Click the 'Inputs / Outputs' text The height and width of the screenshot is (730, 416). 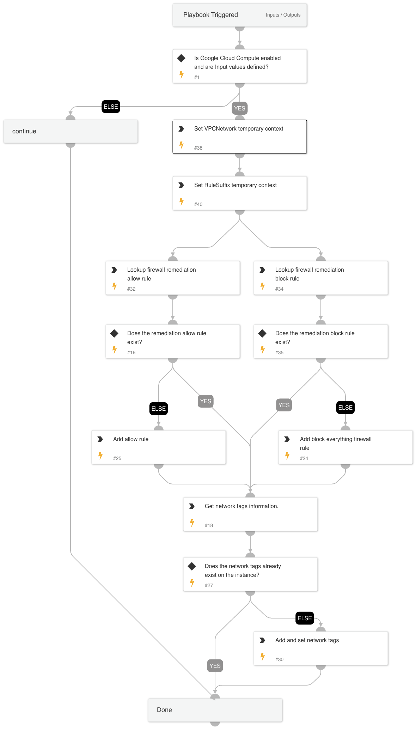tap(283, 15)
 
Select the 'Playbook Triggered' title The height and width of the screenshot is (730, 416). tap(210, 15)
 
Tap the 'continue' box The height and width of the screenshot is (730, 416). tap(71, 131)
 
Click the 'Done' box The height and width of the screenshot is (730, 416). tap(215, 710)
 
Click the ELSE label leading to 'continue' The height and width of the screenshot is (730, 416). tap(111, 107)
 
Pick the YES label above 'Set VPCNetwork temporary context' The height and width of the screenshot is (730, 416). tap(240, 108)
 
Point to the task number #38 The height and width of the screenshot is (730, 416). tap(198, 148)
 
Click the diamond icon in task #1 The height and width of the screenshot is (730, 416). tap(181, 58)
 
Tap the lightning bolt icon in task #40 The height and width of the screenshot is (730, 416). tap(181, 201)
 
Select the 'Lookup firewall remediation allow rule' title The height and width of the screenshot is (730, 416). tap(161, 274)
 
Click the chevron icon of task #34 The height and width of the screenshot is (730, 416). tap(262, 270)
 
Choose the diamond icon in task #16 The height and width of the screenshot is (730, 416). tap(114, 333)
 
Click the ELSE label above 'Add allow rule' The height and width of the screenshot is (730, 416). tap(159, 409)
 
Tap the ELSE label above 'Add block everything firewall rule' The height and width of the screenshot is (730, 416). tap(345, 408)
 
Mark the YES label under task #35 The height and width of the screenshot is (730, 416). tap(284, 405)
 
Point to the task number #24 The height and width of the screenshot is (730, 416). tap(304, 458)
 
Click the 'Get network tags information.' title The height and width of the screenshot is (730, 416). tap(241, 506)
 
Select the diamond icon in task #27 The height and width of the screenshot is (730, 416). tap(192, 566)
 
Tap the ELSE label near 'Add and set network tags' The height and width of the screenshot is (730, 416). tap(305, 618)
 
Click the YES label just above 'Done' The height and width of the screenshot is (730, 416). tap(215, 666)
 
